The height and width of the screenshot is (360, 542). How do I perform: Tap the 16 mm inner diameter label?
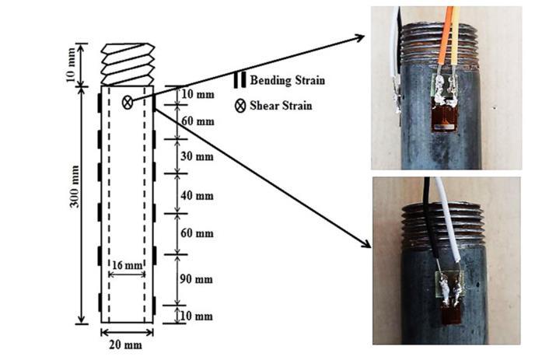(126, 265)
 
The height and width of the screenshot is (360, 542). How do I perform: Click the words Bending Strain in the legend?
(287, 80)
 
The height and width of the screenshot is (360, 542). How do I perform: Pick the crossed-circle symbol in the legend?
(240, 105)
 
